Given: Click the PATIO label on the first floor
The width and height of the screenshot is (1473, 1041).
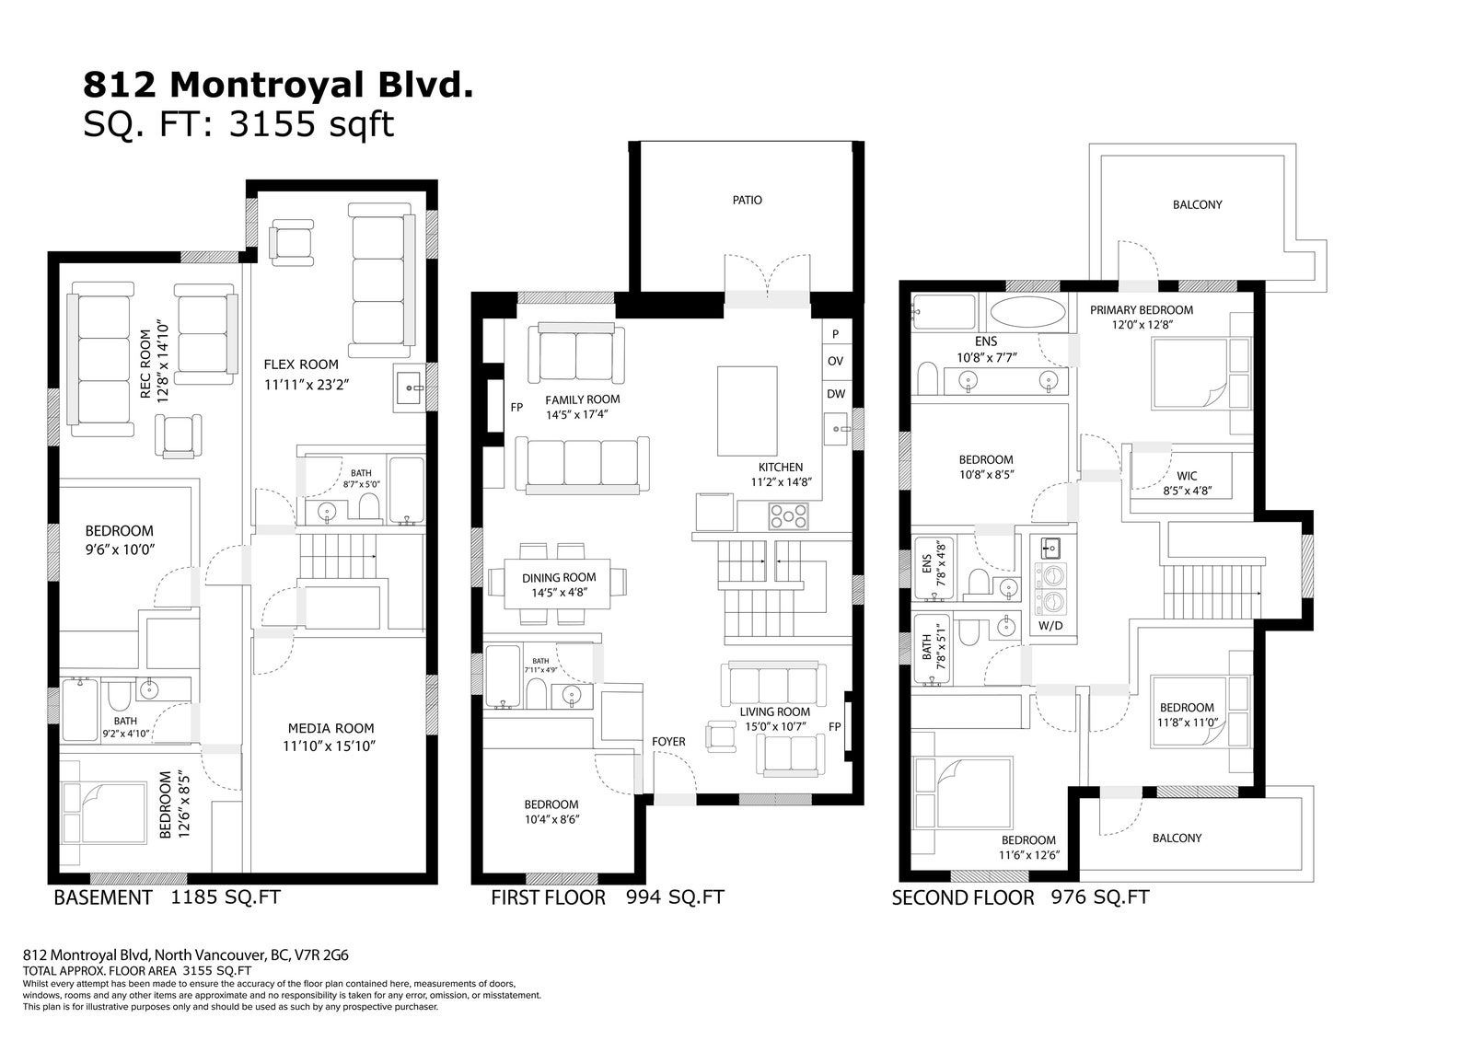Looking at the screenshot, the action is [x=747, y=200].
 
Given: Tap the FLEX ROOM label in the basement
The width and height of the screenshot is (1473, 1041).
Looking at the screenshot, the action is [x=301, y=364].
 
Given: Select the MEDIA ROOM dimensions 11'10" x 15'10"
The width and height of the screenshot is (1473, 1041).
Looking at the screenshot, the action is [x=329, y=746].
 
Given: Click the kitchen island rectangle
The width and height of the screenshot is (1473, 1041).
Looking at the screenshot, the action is [x=747, y=411].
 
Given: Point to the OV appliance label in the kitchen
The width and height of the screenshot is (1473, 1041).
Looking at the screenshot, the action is [x=835, y=361].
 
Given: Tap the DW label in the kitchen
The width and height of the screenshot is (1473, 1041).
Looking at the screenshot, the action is [x=836, y=394].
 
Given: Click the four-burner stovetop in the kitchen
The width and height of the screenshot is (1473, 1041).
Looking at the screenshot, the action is [x=788, y=516].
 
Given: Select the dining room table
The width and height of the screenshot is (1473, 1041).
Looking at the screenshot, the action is [x=557, y=584].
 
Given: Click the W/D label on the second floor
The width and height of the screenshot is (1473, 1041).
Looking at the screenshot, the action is [x=1050, y=625].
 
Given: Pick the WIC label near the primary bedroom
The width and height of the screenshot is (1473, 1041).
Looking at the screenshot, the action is [x=1187, y=476].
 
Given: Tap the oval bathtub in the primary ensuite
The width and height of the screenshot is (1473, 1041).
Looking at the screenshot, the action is [x=1027, y=312].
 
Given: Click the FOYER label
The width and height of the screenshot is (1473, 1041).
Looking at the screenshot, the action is [x=668, y=741].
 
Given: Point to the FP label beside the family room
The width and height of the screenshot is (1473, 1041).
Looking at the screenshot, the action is [x=516, y=407].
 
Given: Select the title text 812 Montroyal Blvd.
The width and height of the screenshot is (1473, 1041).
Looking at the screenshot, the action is [x=278, y=85].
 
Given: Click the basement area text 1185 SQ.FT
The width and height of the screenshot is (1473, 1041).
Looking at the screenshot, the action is [x=226, y=897].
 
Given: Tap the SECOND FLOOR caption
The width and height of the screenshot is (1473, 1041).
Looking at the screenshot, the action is [x=963, y=897].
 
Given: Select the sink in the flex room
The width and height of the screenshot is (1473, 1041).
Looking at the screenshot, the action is [x=410, y=388].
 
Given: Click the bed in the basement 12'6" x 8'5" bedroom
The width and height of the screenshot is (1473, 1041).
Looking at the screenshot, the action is [x=103, y=813].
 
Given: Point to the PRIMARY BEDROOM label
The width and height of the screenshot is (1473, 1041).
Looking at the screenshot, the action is [x=1142, y=310].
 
